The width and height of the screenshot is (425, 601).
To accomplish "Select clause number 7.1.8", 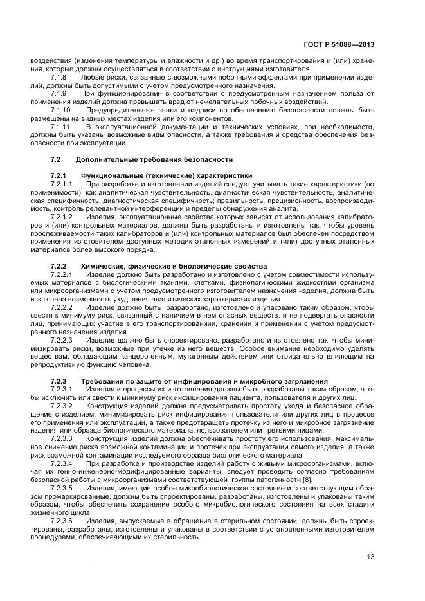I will pyautogui.click(x=59, y=77).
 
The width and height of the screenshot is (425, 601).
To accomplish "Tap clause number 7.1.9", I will pyautogui.click(x=59, y=94).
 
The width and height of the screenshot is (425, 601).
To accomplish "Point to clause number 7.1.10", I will pyautogui.click(x=60, y=110).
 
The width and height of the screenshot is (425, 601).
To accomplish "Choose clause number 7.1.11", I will pyautogui.click(x=60, y=127).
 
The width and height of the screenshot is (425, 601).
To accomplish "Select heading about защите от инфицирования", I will pyautogui.click(x=205, y=381).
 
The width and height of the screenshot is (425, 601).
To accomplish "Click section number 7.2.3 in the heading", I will pyautogui.click(x=59, y=381).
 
